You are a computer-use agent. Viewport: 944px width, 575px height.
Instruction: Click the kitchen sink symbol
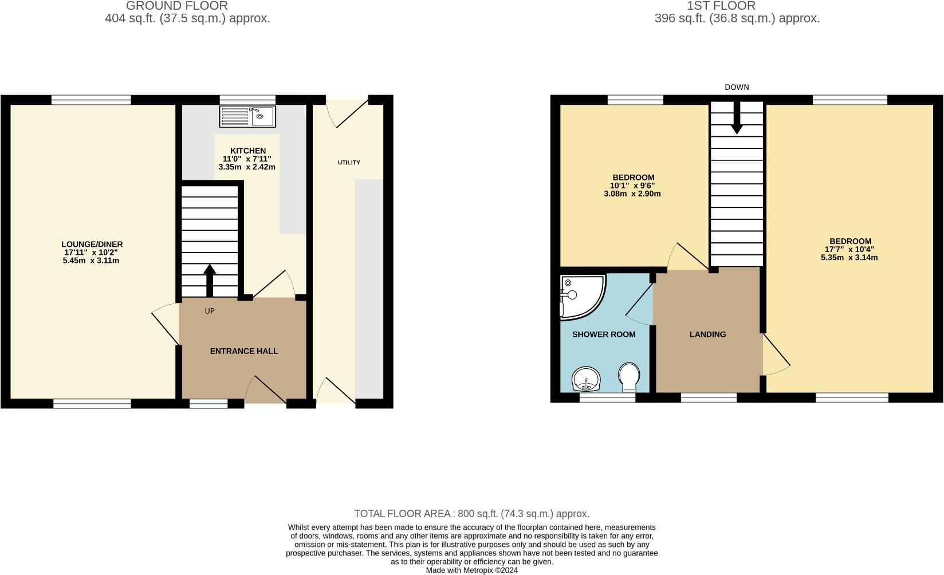tap(247, 116)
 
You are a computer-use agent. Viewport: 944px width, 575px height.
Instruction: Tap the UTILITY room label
tap(349, 163)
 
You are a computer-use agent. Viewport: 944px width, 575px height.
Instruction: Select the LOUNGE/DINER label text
tap(92, 244)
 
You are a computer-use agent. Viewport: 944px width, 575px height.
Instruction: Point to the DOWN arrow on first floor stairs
tap(737, 118)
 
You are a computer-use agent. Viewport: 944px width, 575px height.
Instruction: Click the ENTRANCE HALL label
tap(243, 351)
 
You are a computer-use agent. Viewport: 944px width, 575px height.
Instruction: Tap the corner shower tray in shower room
tap(581, 296)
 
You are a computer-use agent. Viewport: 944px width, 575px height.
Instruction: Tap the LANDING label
tap(707, 334)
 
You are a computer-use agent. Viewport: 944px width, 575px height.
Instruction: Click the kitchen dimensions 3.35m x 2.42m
tap(247, 167)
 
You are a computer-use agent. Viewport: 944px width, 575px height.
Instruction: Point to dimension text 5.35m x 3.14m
tap(849, 258)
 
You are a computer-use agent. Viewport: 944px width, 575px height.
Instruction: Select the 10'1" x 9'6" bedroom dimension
tap(632, 186)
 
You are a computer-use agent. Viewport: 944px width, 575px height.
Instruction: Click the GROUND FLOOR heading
tap(177, 6)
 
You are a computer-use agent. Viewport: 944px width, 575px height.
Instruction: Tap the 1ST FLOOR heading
tap(721, 6)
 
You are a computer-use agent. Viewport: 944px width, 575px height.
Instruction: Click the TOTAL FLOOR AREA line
tap(471, 514)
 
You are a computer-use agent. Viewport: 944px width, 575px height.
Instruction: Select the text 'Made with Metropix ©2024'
tap(471, 570)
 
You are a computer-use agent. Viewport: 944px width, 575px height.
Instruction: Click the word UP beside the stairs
tap(210, 311)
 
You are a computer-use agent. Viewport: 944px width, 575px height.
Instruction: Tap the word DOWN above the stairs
tap(737, 87)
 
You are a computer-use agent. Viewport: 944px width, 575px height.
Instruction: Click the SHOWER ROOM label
tap(604, 334)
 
